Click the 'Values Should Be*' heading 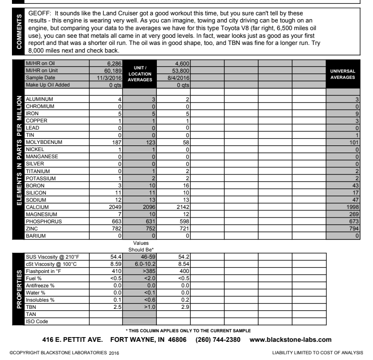click(140, 246)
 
